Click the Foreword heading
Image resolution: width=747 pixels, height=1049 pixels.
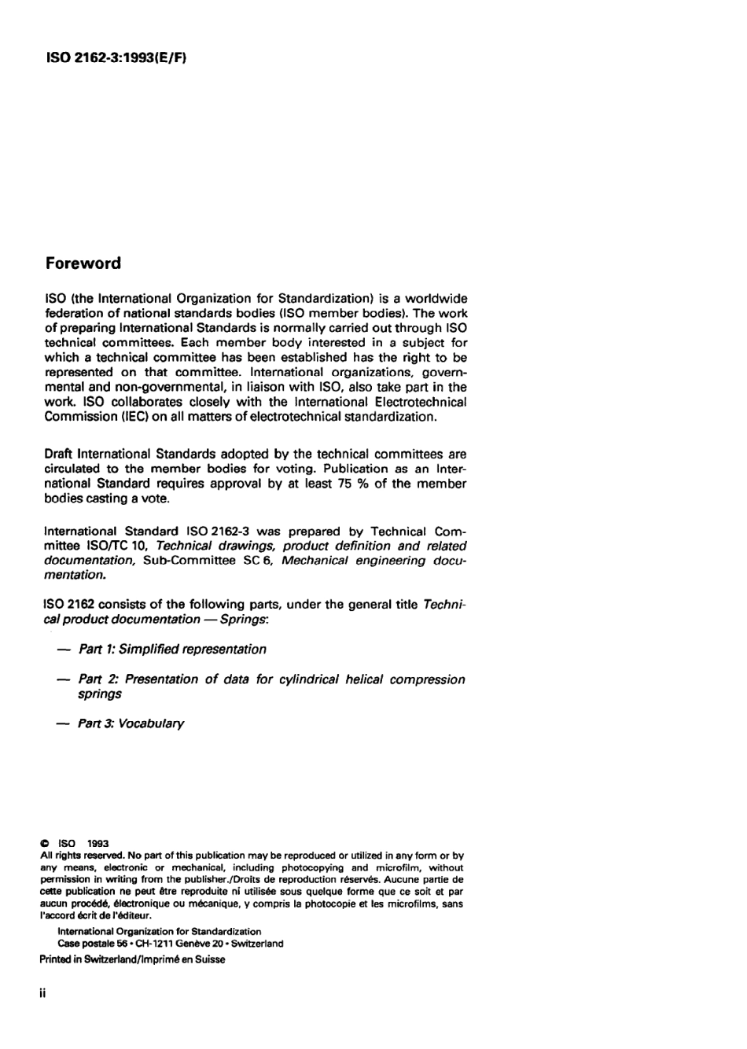(x=83, y=263)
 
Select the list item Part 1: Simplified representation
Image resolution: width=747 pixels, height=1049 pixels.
(x=172, y=650)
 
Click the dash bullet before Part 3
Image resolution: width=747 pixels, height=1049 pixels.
(x=62, y=723)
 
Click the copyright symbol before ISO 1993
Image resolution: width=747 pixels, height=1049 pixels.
(x=45, y=842)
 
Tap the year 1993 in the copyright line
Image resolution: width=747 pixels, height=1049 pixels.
(x=98, y=842)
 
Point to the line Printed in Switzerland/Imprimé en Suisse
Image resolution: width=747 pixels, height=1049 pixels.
(x=132, y=959)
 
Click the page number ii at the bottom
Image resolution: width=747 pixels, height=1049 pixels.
(x=42, y=994)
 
